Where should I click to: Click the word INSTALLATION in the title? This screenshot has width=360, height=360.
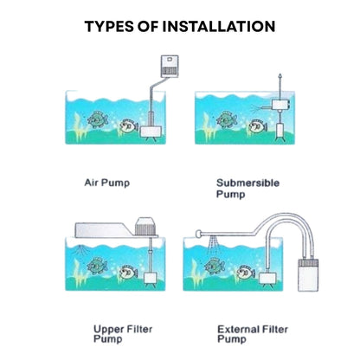pos(219,26)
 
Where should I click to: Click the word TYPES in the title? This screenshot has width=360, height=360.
pos(109,26)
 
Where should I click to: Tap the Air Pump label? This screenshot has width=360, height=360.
pos(107,183)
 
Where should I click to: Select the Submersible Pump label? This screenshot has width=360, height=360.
pos(247,188)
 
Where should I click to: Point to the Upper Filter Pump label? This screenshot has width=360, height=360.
pos(123,334)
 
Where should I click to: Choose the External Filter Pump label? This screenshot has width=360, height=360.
pos(253,334)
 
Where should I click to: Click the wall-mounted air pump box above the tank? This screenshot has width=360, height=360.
pos(170,67)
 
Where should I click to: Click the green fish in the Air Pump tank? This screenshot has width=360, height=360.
pos(98,119)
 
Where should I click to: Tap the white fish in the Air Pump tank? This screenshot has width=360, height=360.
pos(129,126)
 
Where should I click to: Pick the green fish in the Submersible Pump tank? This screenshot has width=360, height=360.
pos(227,119)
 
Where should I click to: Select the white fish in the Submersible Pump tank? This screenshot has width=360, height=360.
pos(258,126)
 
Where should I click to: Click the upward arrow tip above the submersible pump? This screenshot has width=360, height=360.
pos(280,75)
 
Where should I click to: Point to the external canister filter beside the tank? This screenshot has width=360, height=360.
pos(308,274)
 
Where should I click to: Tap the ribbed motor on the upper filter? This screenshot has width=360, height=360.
pos(145,227)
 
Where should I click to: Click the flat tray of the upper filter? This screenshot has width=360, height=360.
pos(105,230)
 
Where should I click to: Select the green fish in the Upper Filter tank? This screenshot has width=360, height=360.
pos(97,266)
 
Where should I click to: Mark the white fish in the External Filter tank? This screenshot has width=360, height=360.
pos(246,273)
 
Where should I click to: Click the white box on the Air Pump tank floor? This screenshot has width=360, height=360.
pos(151,132)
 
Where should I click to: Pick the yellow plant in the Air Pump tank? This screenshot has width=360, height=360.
pos(80,127)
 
